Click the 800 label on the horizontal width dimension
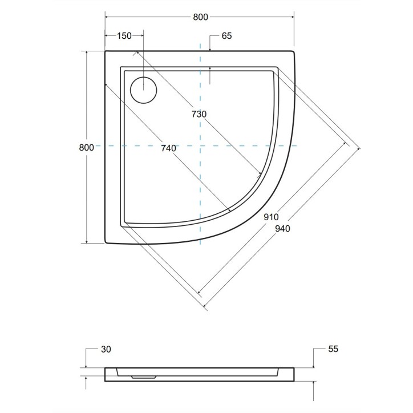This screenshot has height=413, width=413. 200,17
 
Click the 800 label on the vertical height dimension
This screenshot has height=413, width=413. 86,147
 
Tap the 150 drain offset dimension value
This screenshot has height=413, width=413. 124,35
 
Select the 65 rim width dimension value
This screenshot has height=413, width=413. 226,35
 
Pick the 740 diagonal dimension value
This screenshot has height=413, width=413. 168,148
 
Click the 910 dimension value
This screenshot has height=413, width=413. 271,217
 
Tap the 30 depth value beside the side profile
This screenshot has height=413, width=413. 105,349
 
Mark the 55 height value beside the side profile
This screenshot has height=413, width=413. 334,349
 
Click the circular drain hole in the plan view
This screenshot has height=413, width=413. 143,90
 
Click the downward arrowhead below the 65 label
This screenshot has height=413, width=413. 210,49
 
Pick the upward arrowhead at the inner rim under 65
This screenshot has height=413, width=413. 210,69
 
